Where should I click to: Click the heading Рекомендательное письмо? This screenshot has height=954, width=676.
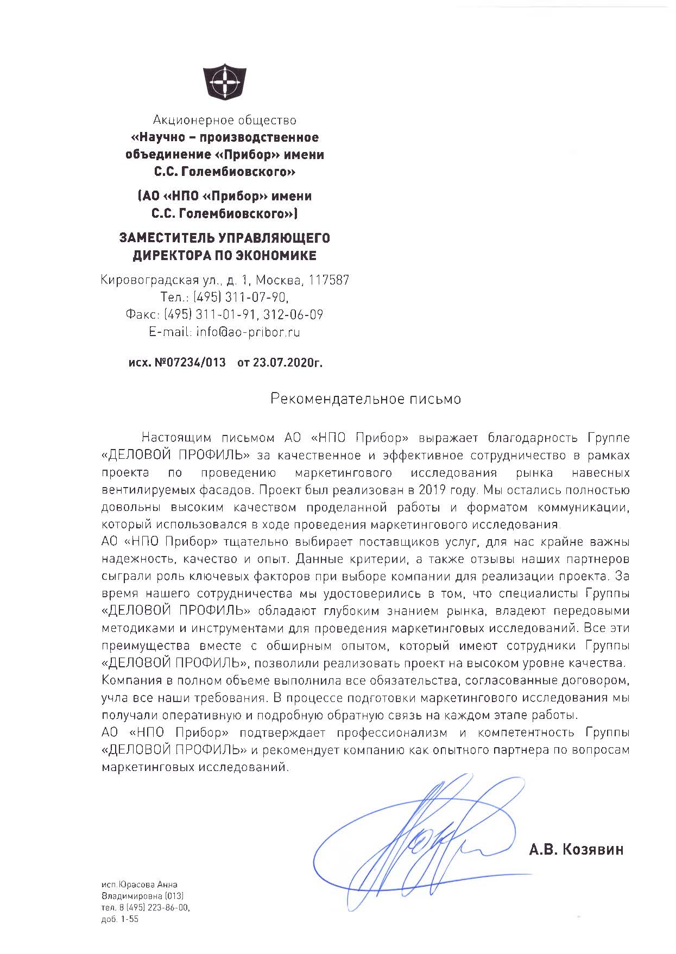pos(366,399)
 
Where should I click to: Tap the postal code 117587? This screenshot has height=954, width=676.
pos(329,280)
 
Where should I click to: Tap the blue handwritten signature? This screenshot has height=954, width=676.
pos(413,847)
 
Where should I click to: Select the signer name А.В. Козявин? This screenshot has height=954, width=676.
pos(576,849)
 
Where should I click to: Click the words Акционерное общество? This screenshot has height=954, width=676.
pos(225,119)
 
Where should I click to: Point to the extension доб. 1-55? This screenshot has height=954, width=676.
pos(120,919)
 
